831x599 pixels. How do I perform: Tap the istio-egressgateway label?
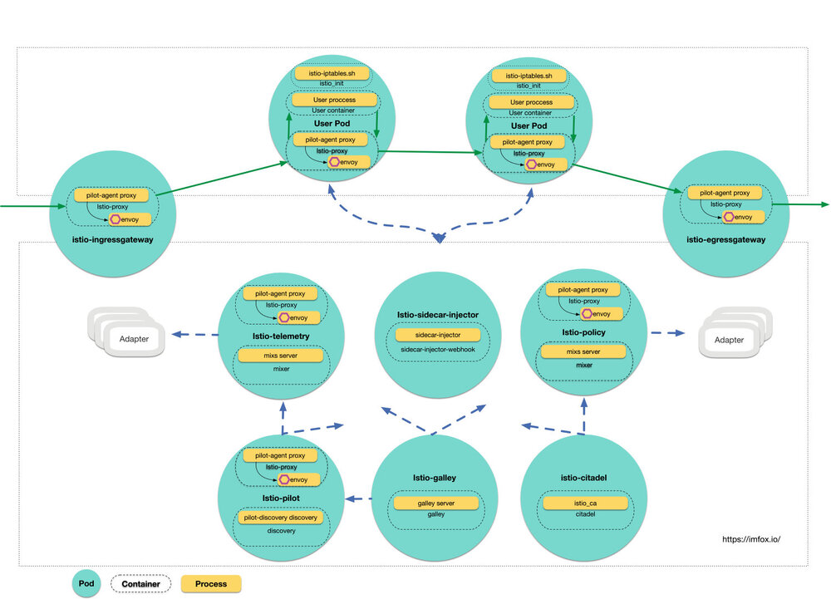[725, 239]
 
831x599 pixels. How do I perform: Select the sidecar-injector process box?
[438, 334]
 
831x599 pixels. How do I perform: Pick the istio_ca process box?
[586, 503]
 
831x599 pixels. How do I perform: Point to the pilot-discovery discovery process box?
[280, 518]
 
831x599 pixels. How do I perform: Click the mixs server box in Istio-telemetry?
[280, 355]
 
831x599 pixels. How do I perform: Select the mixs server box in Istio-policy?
[583, 352]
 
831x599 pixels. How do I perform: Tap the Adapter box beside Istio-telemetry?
[135, 340]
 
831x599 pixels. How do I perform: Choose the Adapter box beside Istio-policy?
[730, 340]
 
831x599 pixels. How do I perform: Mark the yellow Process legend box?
[211, 584]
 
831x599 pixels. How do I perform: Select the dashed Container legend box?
[140, 584]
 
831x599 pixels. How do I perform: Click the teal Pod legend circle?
[86, 584]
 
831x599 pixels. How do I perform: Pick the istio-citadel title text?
[585, 479]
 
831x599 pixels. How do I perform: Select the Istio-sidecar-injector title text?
[438, 315]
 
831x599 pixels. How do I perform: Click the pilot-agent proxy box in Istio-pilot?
[280, 455]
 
